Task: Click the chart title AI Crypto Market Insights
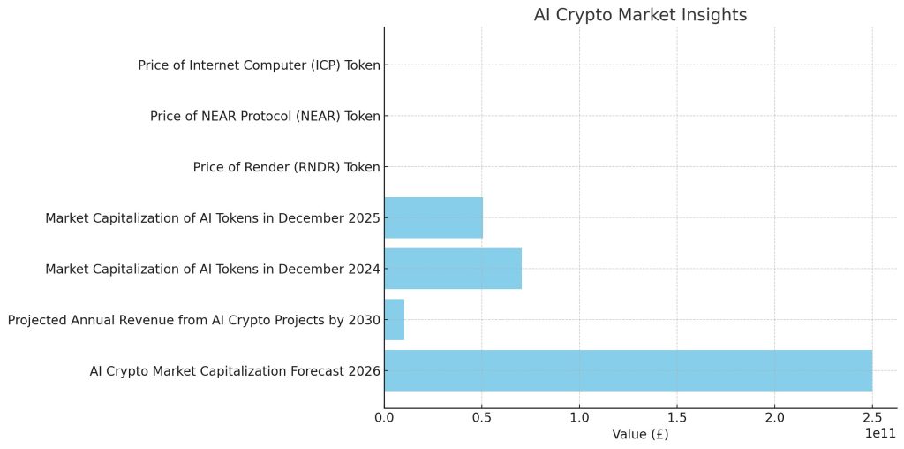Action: tap(640, 15)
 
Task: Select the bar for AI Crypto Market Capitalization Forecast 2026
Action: tap(628, 370)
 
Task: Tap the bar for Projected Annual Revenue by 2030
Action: tap(394, 320)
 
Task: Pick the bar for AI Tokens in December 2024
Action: tap(453, 269)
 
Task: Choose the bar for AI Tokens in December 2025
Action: tap(433, 217)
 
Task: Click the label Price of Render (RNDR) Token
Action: tap(286, 167)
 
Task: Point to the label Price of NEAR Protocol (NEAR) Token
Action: tap(265, 116)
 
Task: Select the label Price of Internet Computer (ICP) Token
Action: tap(259, 65)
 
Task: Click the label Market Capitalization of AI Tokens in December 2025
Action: tap(213, 217)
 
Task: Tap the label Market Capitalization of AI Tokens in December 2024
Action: tap(213, 269)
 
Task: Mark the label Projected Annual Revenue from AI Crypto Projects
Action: tap(193, 320)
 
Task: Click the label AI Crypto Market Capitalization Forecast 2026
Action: tap(235, 371)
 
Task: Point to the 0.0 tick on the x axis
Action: tap(384, 416)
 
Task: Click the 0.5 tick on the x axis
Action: tap(482, 416)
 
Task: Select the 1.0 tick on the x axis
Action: tap(579, 416)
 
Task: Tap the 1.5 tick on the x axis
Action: tap(677, 416)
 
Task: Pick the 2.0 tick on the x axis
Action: tap(775, 416)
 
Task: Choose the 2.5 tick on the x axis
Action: tap(872, 416)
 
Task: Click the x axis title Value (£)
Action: tap(640, 434)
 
